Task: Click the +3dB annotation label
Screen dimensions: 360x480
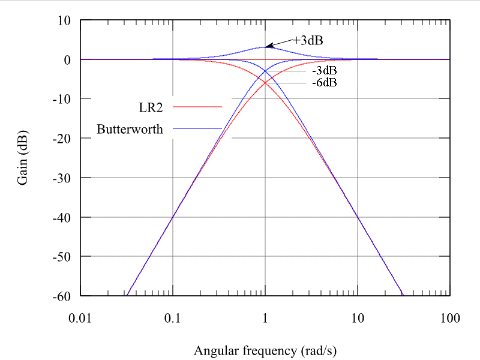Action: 308,41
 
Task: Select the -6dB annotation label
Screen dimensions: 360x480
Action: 325,82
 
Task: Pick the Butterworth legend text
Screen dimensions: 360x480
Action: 130,129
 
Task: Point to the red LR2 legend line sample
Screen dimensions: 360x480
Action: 197,107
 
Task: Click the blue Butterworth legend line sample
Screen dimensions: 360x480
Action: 197,128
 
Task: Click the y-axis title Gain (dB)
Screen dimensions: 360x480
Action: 23,158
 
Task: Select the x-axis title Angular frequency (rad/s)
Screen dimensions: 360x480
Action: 269,350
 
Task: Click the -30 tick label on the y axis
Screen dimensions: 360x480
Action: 62,178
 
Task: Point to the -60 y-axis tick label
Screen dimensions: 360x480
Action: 62,296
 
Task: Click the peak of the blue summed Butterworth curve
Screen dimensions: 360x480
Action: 265,47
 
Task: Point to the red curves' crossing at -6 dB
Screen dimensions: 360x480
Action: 265,83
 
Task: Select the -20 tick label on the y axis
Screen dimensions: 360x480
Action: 62,139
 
